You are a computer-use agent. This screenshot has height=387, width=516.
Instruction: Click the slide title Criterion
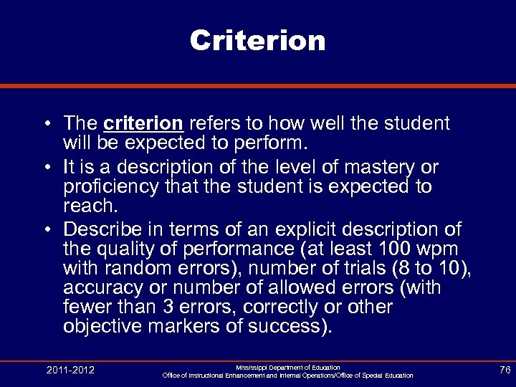click(x=258, y=40)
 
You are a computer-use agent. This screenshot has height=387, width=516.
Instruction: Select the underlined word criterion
click(x=143, y=123)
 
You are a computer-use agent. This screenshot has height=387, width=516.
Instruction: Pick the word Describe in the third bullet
click(x=105, y=229)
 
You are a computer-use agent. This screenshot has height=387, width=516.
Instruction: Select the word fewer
click(x=85, y=307)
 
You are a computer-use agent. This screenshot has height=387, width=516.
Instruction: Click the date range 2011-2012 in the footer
click(x=70, y=370)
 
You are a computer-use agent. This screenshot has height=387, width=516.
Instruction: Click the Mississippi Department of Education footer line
click(x=288, y=367)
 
